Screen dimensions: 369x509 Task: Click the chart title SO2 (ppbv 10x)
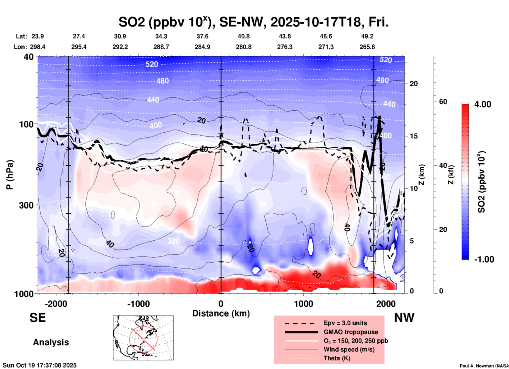tap(253, 22)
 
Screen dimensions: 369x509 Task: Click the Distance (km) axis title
tap(221, 313)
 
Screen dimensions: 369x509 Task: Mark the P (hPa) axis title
tap(10, 175)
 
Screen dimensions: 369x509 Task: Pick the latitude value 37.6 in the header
tap(202, 36)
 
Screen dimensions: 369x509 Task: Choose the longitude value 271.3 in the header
tap(326, 47)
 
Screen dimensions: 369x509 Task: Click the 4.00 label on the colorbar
tap(483, 104)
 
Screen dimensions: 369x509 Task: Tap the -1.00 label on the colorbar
tap(484, 259)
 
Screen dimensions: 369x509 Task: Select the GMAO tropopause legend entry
tap(351, 332)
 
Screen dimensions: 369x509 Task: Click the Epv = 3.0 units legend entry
tap(345, 323)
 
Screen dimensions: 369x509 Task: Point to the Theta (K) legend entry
tap(337, 358)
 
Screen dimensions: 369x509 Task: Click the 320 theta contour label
tap(173, 241)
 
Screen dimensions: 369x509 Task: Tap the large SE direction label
tap(38, 318)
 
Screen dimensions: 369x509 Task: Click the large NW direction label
tap(404, 318)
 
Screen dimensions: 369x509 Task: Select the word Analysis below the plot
tap(51, 342)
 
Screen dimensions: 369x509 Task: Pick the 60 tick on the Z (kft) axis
tap(443, 102)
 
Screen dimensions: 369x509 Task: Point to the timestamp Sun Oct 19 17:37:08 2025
tap(40, 365)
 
